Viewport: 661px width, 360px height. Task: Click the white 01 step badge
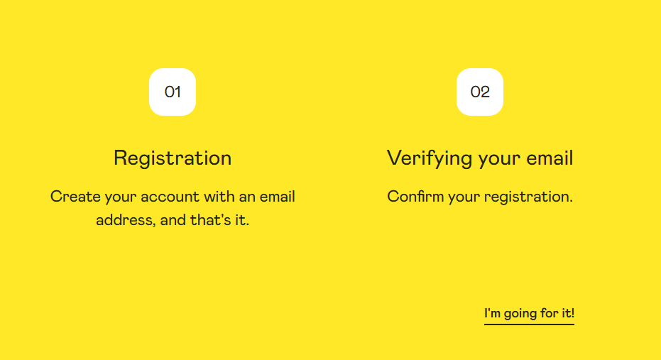pyautogui.click(x=173, y=92)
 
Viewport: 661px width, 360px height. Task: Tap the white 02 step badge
pyautogui.click(x=480, y=92)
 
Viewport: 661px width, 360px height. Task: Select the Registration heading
pyautogui.click(x=173, y=158)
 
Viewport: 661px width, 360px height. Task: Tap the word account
pyautogui.click(x=170, y=197)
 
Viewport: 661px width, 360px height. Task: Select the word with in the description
pyautogui.click(x=219, y=197)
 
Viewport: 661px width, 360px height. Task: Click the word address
pyautogui.click(x=125, y=220)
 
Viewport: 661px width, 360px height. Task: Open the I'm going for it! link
pyautogui.click(x=529, y=313)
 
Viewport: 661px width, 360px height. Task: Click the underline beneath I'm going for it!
pyautogui.click(x=529, y=324)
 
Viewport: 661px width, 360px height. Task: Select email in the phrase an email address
pyautogui.click(x=277, y=197)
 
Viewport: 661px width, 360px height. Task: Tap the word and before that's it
pyautogui.click(x=173, y=220)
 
